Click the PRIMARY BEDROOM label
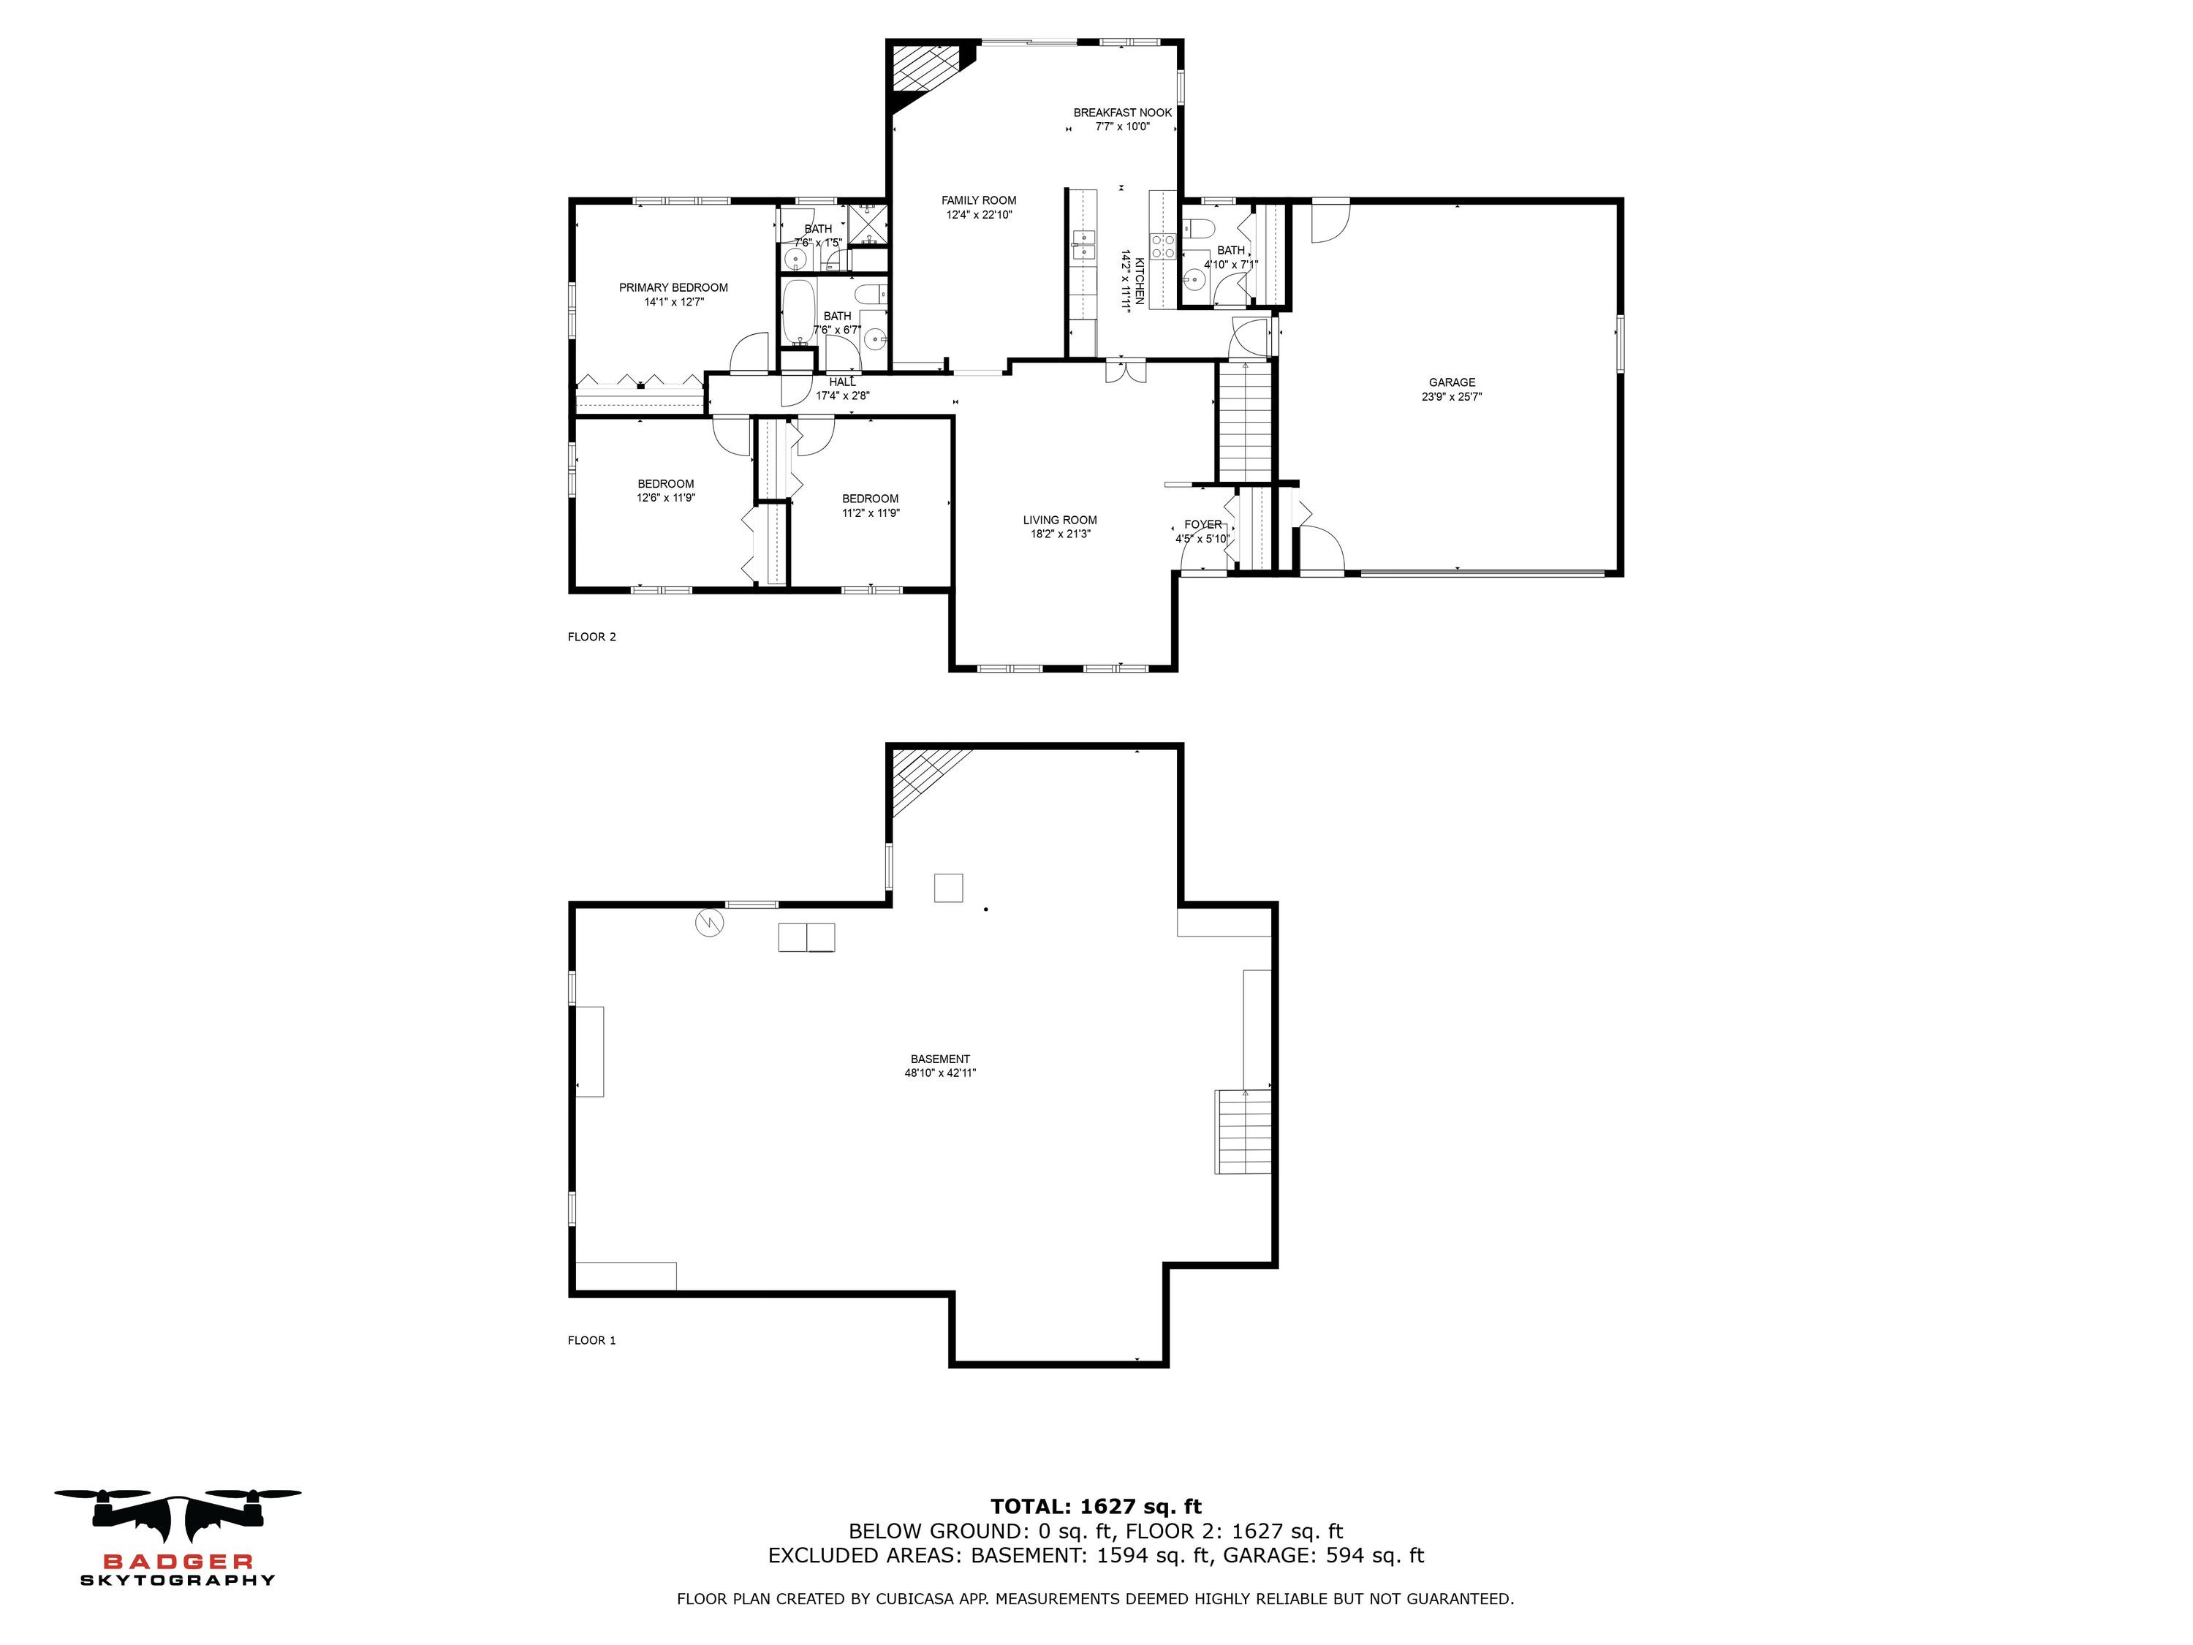673,287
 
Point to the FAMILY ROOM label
979,200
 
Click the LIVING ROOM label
1060,520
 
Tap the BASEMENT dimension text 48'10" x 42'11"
940,1073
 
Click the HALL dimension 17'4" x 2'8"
843,396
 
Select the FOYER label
1202,524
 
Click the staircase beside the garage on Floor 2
1244,421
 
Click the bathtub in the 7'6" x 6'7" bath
798,311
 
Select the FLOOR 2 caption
592,637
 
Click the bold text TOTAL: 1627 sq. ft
1096,1507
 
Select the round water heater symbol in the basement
710,923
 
